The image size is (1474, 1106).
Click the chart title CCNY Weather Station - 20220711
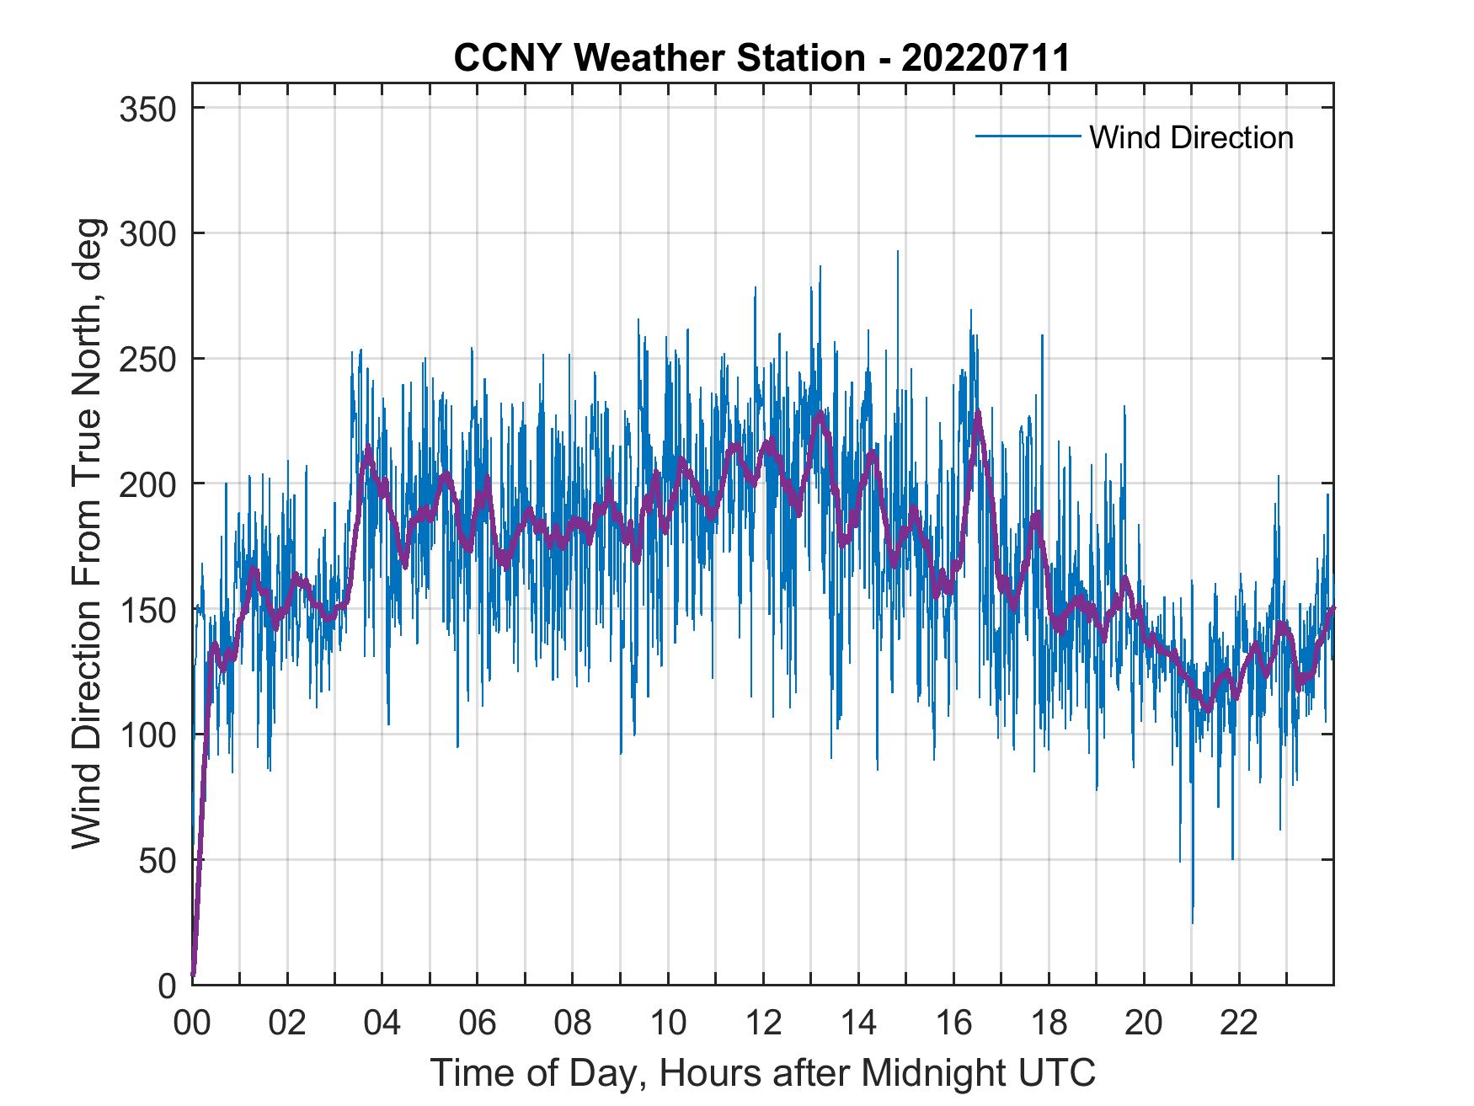click(761, 58)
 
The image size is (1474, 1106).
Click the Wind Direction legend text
click(1191, 137)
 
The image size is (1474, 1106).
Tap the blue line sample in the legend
click(1027, 136)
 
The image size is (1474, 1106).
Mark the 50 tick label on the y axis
click(160, 860)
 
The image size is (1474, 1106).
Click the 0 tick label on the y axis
click(168, 985)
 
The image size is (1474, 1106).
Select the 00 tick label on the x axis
click(192, 1023)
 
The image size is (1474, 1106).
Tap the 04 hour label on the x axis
click(382, 1023)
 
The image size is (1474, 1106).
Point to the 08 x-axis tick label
click(573, 1023)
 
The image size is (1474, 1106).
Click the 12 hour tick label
click(763, 1023)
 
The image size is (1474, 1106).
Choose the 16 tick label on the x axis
click(953, 1023)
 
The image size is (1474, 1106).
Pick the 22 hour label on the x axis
click(1239, 1023)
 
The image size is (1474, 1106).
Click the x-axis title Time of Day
click(762, 1072)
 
